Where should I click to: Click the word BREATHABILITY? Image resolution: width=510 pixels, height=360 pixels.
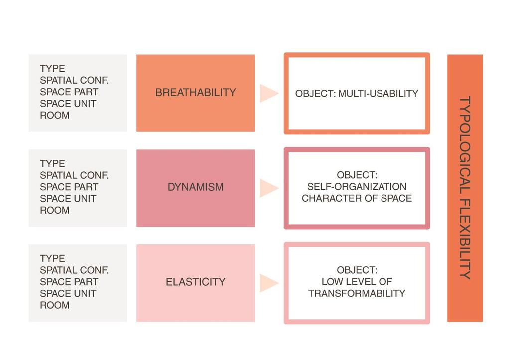pos(195,92)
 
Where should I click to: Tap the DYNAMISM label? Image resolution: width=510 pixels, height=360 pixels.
pos(195,187)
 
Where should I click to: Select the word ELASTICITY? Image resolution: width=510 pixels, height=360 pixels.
pos(195,282)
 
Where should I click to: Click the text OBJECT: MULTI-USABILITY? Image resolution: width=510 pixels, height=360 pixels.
pos(357,93)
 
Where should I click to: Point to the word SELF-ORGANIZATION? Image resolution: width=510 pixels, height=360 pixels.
pos(357,186)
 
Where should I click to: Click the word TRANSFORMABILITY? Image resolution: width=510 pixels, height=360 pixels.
pos(357,293)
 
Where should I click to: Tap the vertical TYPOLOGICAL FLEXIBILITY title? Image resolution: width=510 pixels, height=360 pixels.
pos(465,188)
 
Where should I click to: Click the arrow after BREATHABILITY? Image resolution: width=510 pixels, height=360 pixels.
pos(268,93)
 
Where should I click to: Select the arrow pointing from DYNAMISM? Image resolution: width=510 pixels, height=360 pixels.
pos(268,188)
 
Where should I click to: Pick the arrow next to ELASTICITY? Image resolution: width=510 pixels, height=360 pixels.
pos(268,283)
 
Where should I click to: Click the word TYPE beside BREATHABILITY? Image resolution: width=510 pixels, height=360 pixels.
pos(52,69)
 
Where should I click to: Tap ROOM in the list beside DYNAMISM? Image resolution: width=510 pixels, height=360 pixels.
pos(55,210)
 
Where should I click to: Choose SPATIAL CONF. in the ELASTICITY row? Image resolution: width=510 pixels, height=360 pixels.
pos(74,270)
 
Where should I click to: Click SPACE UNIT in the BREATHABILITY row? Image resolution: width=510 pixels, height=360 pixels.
pos(68,104)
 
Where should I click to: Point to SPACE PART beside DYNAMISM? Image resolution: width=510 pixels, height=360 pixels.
pos(69,187)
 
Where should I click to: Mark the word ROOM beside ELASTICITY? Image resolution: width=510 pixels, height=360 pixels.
pos(55,305)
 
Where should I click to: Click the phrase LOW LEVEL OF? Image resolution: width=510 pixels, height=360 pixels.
pos(357,282)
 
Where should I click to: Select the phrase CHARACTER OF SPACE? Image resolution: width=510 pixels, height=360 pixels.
pos(357,198)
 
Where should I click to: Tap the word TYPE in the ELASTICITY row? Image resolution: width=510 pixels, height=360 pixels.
pos(52,258)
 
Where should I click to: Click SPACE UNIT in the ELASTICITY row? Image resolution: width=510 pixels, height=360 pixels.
pos(68,293)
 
